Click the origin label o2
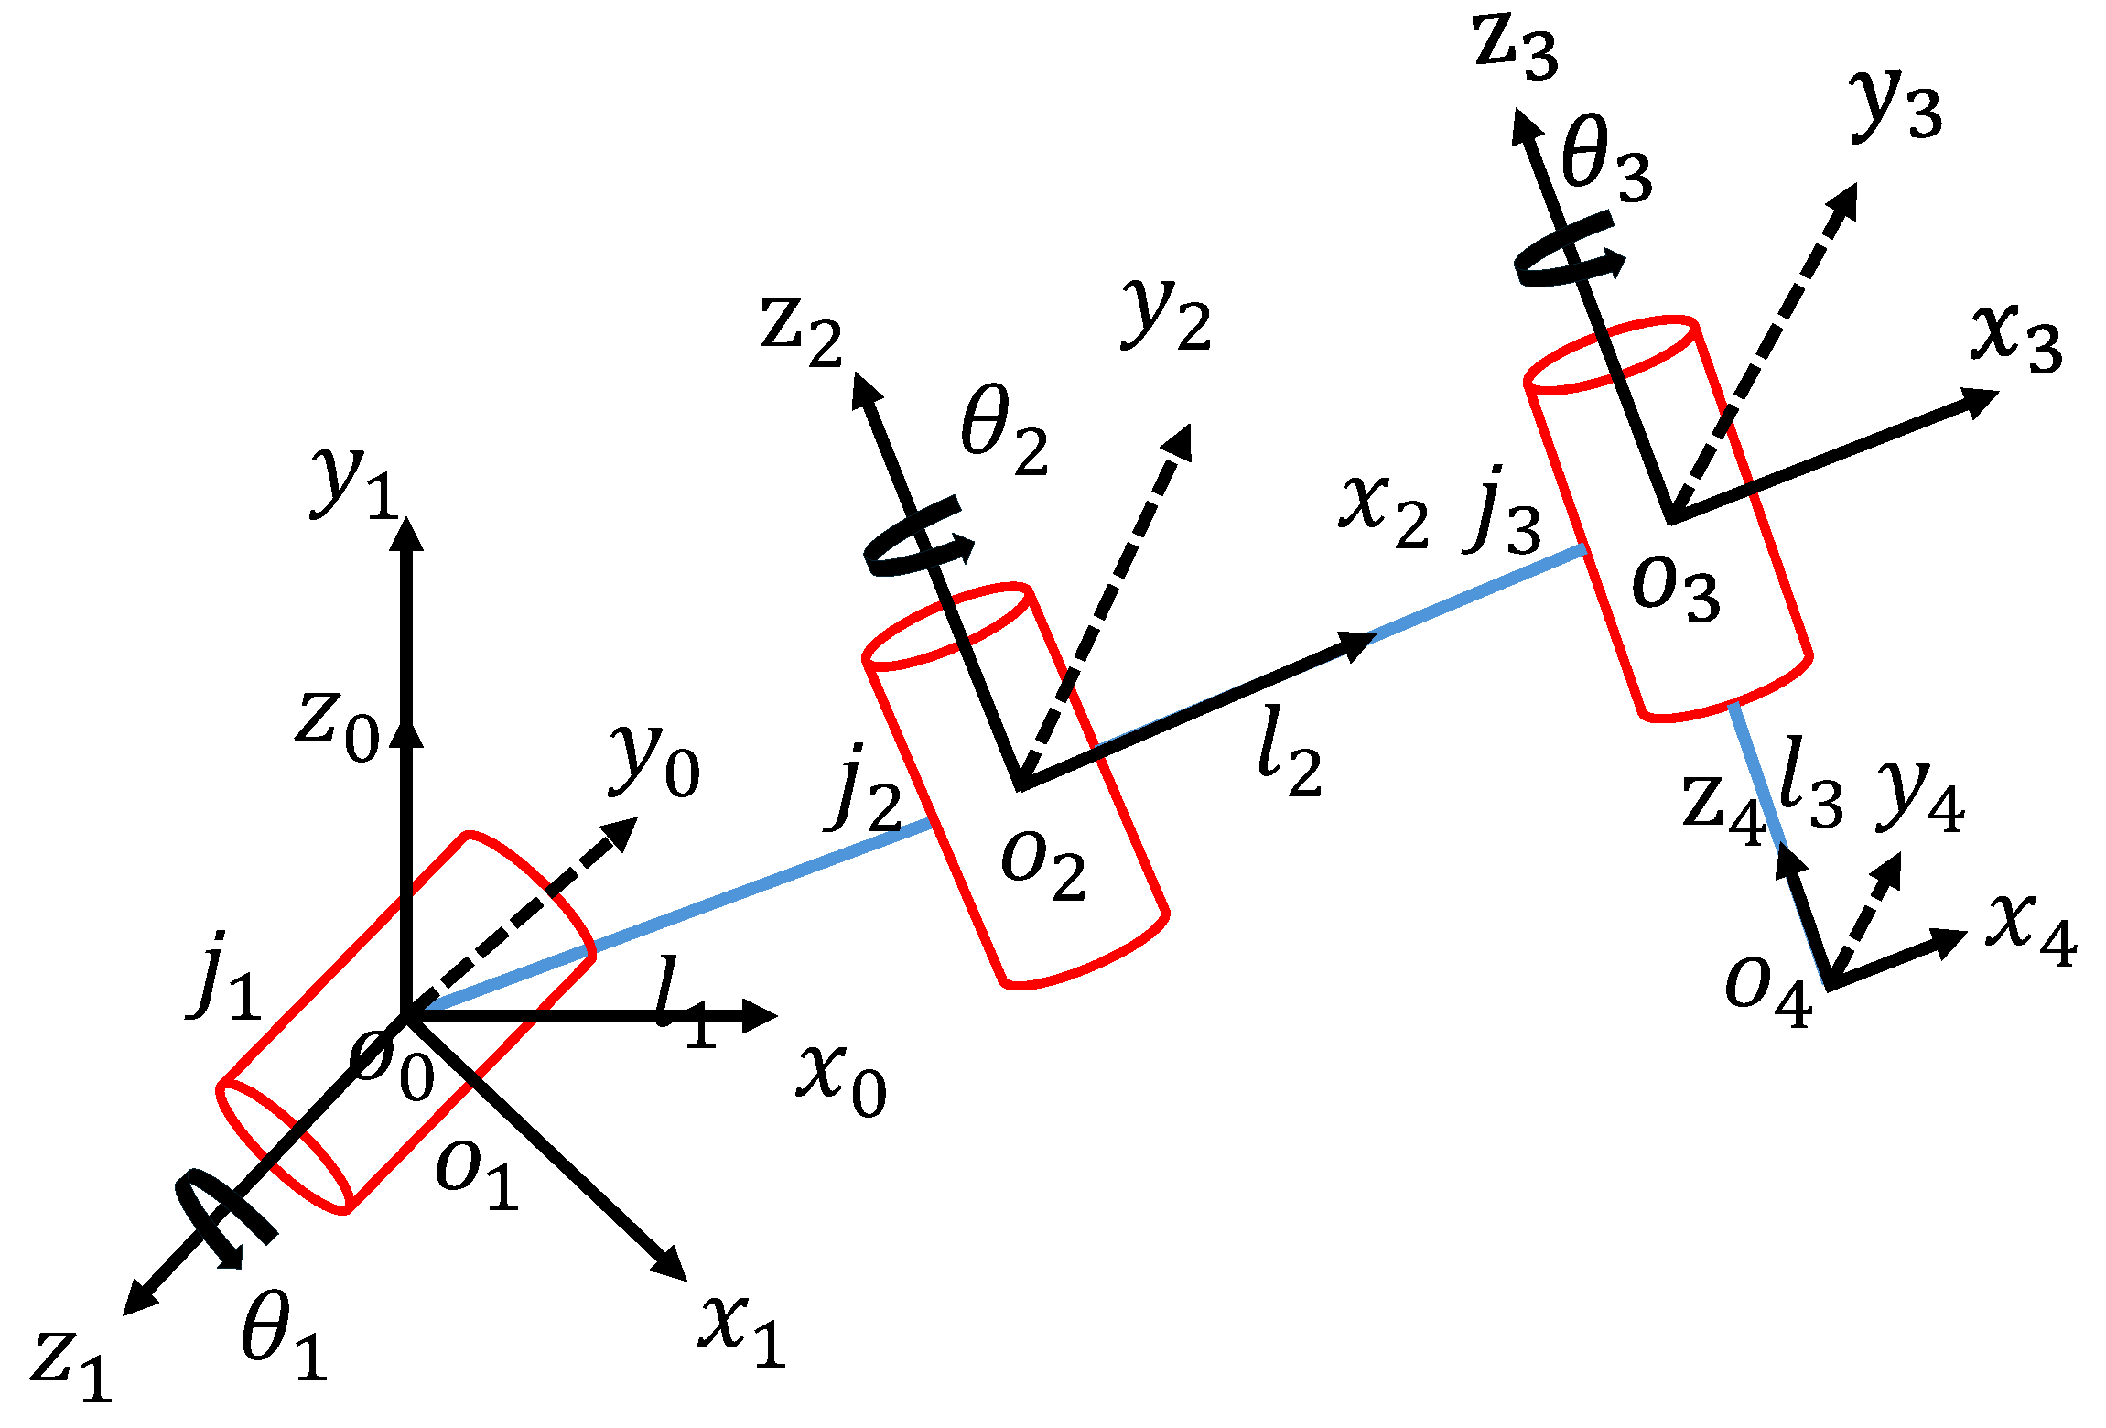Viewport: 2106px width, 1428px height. coord(1043,866)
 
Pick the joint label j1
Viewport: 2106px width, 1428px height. coord(225,978)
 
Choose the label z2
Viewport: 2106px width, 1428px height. coord(800,331)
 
